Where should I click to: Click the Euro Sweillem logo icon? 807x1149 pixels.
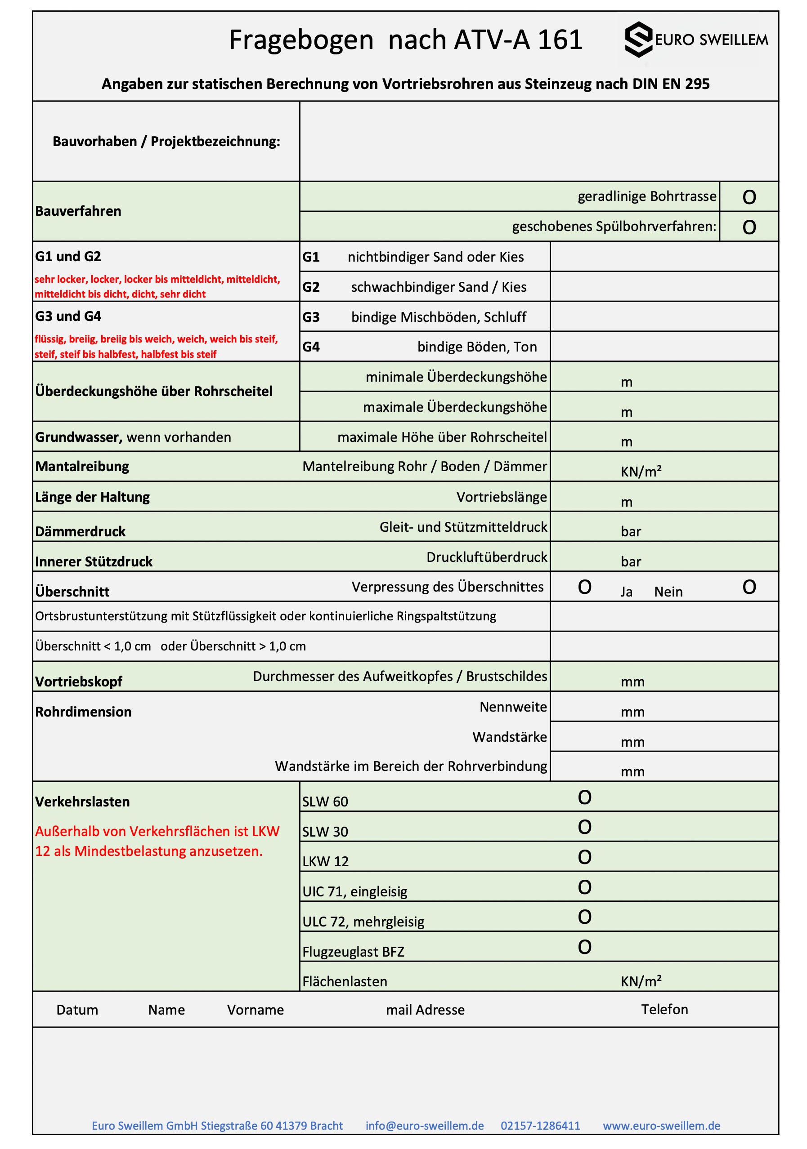638,40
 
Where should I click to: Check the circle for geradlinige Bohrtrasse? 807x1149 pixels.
749,197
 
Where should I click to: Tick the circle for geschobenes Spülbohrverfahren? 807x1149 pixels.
749,227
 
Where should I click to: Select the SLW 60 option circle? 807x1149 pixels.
584,797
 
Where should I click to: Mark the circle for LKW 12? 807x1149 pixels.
584,857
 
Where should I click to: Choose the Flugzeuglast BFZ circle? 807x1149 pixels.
584,947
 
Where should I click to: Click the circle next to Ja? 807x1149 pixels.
584,587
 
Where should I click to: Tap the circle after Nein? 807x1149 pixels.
749,587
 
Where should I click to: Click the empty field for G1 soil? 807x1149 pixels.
664,257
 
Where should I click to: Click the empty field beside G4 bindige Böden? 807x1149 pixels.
664,346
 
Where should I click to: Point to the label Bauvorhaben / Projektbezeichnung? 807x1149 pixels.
166,142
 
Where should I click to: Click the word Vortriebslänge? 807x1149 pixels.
501,497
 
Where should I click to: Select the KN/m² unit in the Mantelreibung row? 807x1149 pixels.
641,472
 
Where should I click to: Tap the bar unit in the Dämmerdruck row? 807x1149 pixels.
631,531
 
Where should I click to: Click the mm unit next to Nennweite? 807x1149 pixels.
632,712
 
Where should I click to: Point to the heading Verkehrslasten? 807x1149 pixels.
83,802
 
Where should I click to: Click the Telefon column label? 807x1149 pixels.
664,1009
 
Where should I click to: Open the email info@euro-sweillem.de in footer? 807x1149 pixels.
425,1126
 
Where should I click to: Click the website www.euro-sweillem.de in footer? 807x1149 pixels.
661,1126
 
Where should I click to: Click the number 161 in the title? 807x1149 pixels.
560,40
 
